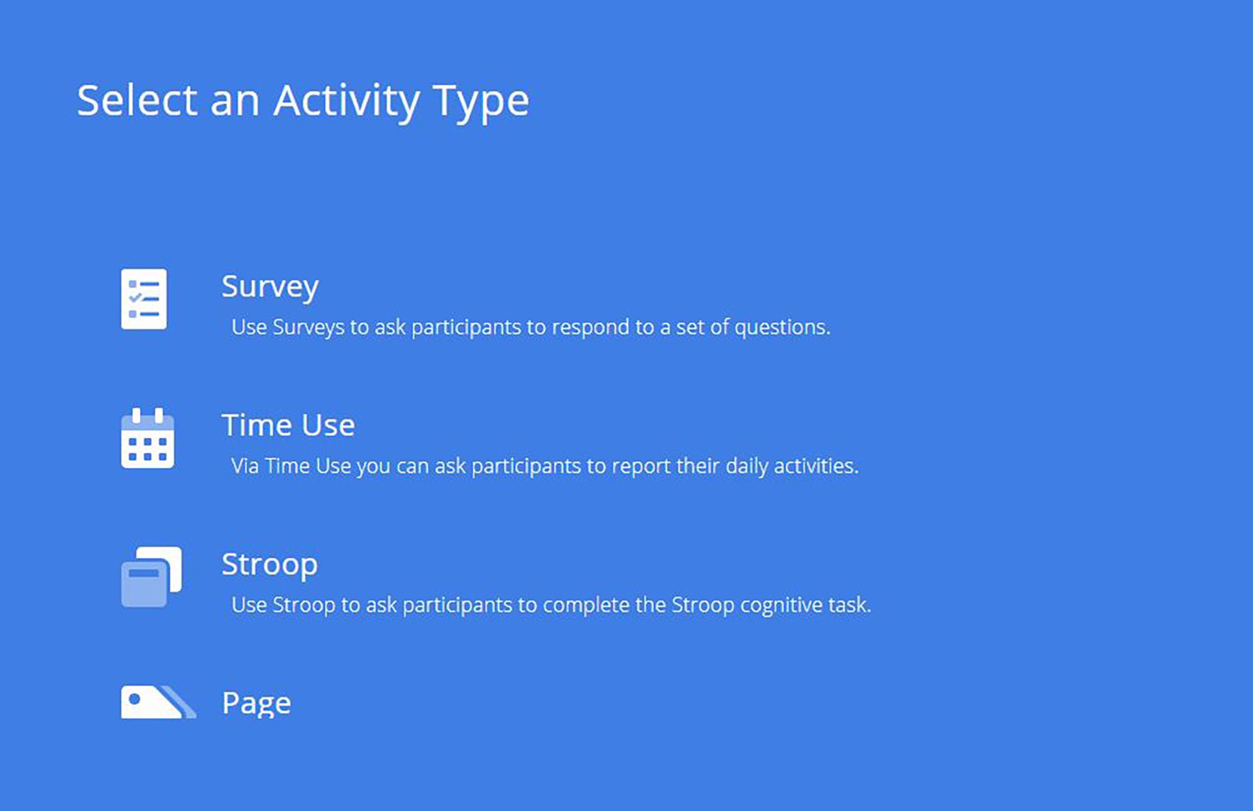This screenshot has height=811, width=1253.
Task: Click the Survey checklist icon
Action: pyautogui.click(x=144, y=299)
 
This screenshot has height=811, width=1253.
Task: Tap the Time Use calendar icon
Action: pyautogui.click(x=148, y=438)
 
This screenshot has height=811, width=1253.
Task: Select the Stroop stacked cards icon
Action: pyautogui.click(x=151, y=576)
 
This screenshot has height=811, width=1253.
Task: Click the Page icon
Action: pyautogui.click(x=158, y=702)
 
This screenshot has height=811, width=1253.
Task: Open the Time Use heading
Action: pyautogui.click(x=288, y=425)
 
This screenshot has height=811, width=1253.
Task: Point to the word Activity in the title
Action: pyautogui.click(x=347, y=102)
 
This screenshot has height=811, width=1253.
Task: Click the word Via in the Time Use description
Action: pyautogui.click(x=245, y=466)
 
